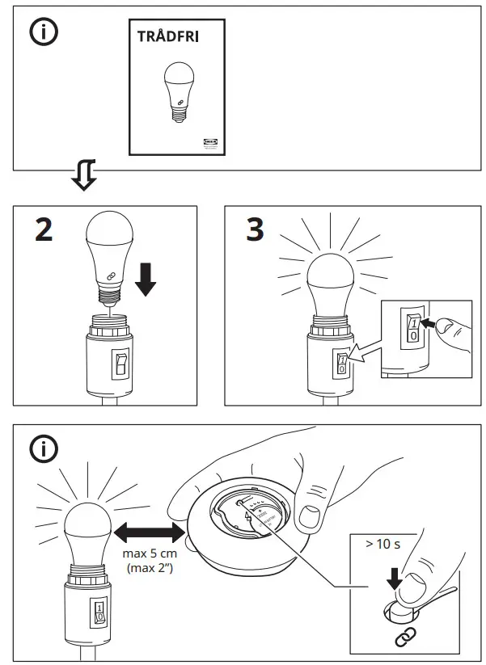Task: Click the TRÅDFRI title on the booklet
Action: click(x=168, y=37)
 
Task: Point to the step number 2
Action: click(x=44, y=231)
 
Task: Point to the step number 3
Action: click(x=254, y=231)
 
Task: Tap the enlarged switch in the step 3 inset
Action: click(x=413, y=330)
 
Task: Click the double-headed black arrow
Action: click(x=147, y=532)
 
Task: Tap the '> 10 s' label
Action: click(x=382, y=544)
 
